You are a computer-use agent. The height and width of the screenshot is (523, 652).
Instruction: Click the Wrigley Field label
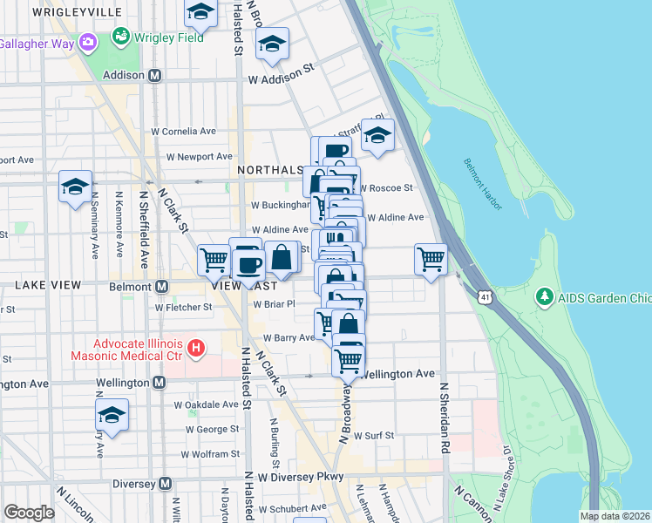[x=169, y=37]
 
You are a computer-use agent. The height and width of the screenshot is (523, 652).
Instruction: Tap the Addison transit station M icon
[x=154, y=75]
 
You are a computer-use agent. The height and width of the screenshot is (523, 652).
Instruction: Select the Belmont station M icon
[x=161, y=286]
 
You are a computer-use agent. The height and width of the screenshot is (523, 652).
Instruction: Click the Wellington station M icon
[x=159, y=382]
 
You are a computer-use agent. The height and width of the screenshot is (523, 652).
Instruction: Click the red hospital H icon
[x=196, y=349]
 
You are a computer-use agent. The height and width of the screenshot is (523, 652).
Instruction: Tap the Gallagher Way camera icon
[x=87, y=42]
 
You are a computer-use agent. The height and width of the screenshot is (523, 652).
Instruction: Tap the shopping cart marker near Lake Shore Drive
[x=431, y=260]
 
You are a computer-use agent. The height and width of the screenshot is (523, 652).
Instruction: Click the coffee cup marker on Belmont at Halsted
[x=248, y=265]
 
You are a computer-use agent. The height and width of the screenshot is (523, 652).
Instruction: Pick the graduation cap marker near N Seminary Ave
[x=75, y=186]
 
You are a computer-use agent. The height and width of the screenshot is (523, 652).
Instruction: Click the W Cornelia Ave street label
[x=184, y=132]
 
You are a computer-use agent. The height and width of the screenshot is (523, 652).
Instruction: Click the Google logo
[x=29, y=513]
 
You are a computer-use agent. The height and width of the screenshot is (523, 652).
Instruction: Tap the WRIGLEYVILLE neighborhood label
[x=75, y=12]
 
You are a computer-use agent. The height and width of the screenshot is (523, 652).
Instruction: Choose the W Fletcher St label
[x=184, y=307]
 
